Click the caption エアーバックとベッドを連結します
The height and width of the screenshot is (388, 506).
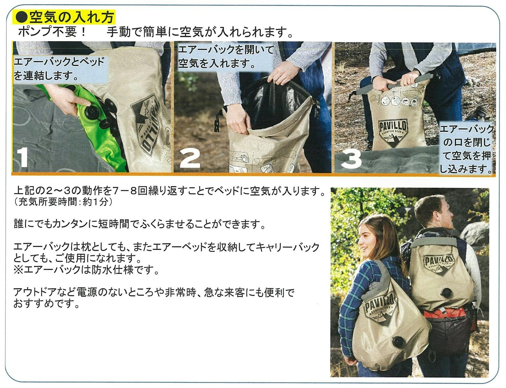[59, 69]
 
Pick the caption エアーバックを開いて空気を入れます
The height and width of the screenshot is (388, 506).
[226, 57]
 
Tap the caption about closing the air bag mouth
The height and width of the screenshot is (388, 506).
[466, 149]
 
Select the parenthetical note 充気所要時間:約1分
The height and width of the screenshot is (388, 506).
[63, 202]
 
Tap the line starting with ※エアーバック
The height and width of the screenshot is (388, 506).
[86, 270]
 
